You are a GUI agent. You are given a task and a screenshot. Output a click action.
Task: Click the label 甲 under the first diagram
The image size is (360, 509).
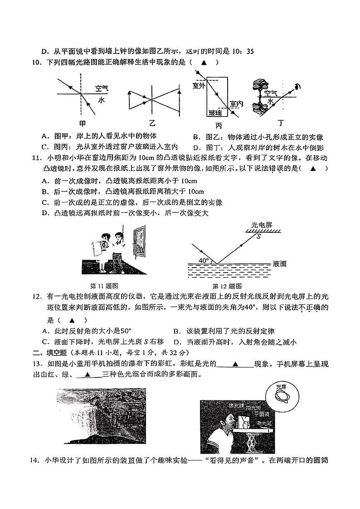82,123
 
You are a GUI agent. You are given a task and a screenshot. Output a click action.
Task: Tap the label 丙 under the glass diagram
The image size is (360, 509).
219,125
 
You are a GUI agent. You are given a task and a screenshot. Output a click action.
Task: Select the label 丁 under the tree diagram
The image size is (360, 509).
282,123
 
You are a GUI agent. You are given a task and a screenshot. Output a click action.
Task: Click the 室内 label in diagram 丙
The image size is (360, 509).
236,104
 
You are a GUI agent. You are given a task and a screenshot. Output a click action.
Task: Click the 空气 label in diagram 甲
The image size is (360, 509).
102,88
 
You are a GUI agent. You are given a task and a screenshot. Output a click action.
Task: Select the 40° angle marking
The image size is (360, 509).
204,260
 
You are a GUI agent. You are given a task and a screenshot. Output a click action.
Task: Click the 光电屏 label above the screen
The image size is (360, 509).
260,225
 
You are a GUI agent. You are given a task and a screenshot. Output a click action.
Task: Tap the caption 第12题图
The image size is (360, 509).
227,286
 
